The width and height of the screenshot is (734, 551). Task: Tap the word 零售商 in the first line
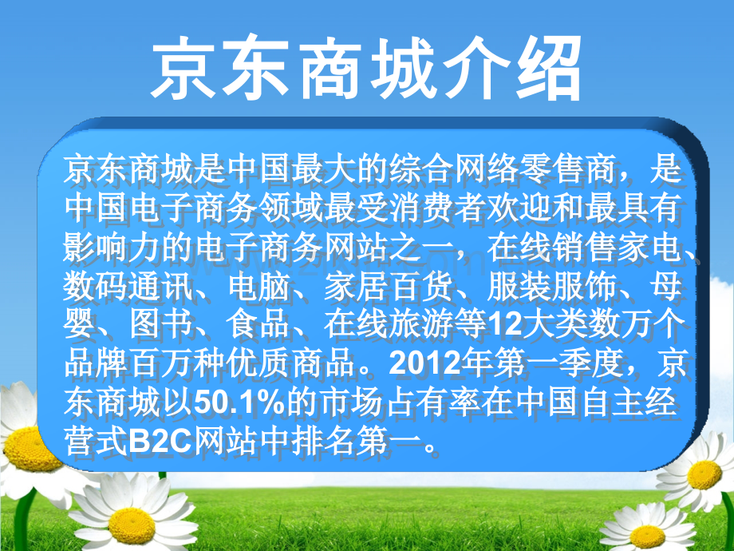[x=558, y=171]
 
